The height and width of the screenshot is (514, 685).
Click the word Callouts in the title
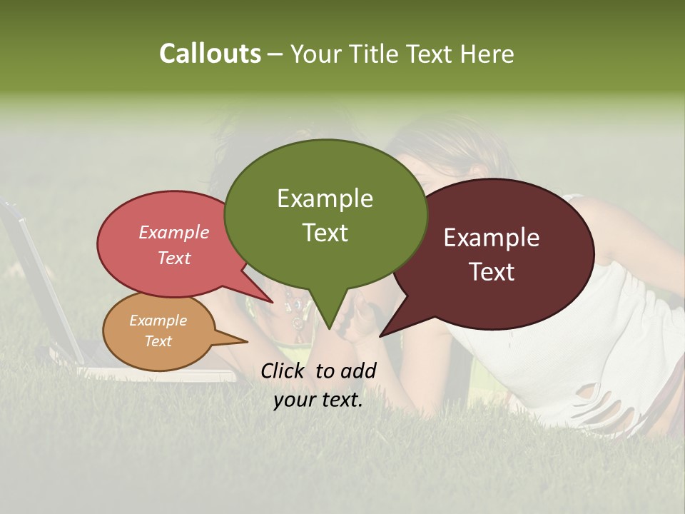tap(210, 54)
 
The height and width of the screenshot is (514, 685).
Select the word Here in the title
tap(487, 54)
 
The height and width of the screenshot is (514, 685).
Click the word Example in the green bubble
tap(325, 198)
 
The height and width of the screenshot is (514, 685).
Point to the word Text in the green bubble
tap(325, 233)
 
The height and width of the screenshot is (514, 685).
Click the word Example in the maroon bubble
tap(492, 238)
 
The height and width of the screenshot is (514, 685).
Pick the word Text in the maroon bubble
tap(492, 272)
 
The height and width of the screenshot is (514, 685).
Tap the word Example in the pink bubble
tap(174, 232)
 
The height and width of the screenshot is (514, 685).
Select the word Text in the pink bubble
tap(174, 258)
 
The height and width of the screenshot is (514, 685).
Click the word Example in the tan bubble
tap(158, 321)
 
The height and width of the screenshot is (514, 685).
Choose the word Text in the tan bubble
tap(158, 341)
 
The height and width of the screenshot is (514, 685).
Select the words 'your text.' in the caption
tap(318, 400)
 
